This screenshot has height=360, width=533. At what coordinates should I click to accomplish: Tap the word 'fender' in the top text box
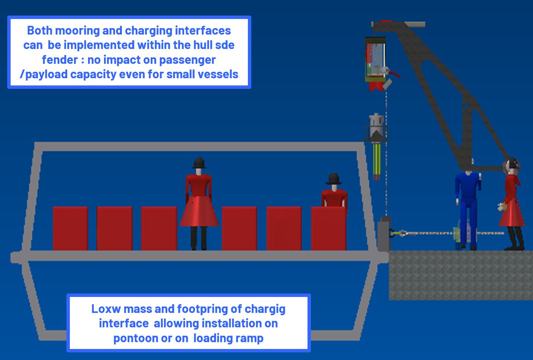click(60, 60)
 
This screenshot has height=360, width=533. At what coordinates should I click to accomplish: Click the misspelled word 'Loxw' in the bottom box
click(104, 309)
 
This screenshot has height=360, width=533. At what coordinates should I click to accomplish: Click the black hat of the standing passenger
click(199, 163)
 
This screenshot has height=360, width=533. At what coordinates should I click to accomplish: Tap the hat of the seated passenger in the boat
click(333, 178)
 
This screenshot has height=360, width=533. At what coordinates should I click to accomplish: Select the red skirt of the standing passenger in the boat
click(199, 213)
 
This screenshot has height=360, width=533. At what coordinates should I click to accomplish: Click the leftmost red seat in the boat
click(70, 228)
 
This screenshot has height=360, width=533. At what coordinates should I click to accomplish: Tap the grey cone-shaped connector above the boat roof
click(376, 129)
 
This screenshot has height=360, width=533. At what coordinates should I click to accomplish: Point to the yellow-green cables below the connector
click(377, 159)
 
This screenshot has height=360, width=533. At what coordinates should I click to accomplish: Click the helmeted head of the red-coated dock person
click(512, 165)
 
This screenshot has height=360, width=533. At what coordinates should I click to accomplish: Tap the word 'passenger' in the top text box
click(189, 60)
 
